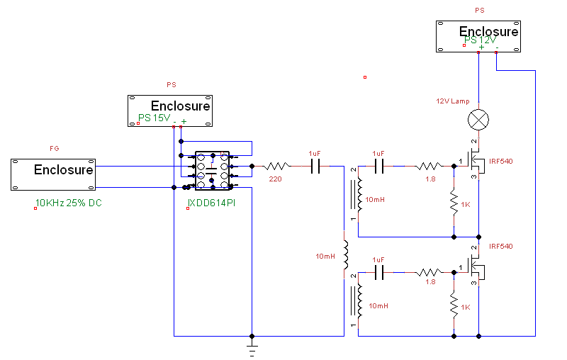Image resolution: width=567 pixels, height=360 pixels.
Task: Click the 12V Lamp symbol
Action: (479, 120)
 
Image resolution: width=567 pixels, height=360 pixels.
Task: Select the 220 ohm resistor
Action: (275, 167)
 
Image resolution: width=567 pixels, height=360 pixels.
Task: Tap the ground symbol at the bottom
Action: (252, 347)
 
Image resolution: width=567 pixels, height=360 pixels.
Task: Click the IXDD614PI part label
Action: (211, 203)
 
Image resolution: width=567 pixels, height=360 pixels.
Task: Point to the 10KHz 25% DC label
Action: (69, 203)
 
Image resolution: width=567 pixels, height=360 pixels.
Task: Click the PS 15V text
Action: (154, 118)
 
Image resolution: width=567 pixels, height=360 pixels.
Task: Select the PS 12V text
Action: (481, 40)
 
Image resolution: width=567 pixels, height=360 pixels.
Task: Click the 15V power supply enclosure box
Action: (170, 111)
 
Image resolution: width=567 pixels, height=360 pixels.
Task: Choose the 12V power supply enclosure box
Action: (478, 36)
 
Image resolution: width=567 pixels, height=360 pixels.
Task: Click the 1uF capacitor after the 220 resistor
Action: (315, 167)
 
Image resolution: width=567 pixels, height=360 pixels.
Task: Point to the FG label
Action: (55, 148)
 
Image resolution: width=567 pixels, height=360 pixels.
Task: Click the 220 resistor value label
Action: (275, 179)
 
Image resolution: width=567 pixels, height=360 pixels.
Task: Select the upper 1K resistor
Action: (453, 203)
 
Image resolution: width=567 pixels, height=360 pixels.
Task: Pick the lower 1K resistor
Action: (453, 307)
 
